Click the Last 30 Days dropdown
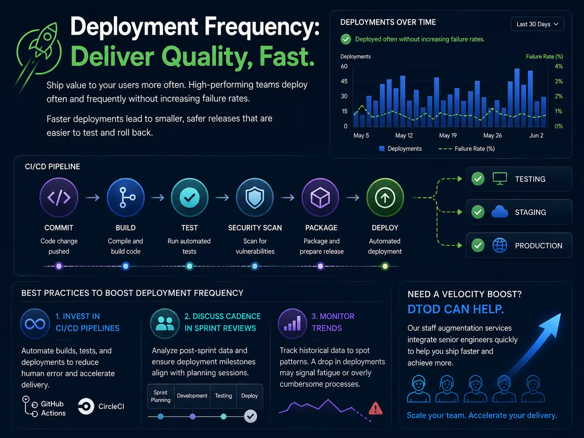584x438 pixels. (537, 24)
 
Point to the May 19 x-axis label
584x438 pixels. (448, 136)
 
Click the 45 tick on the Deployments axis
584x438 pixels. (344, 81)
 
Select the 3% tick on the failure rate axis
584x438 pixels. (559, 81)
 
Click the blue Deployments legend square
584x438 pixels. (382, 149)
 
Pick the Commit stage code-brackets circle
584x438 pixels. (59, 197)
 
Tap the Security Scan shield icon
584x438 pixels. (254, 197)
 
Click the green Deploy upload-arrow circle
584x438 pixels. (385, 197)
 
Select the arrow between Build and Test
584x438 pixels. (158, 198)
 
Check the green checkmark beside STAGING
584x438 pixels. (478, 212)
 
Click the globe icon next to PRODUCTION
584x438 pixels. (500, 245)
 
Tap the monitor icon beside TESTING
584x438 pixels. (500, 178)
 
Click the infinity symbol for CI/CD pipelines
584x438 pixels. (35, 324)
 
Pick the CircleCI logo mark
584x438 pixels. (86, 407)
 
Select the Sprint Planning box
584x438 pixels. (161, 396)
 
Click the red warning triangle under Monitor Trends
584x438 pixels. (375, 408)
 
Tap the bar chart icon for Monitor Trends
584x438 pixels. (292, 323)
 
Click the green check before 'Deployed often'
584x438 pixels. (346, 40)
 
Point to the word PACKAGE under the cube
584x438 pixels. (321, 228)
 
